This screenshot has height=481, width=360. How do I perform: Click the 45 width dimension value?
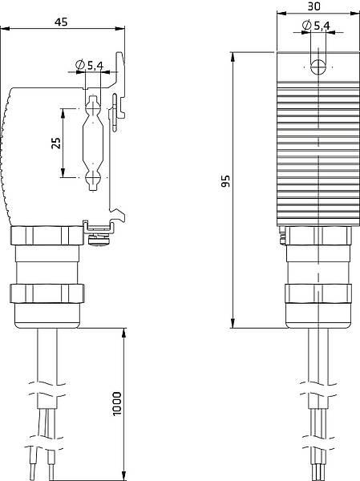click(x=61, y=22)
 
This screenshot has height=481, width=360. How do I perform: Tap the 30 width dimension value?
click(x=313, y=6)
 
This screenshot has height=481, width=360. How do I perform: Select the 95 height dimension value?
click(x=226, y=183)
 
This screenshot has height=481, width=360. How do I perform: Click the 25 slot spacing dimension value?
click(x=55, y=143)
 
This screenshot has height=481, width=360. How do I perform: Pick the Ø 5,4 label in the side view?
click(x=90, y=65)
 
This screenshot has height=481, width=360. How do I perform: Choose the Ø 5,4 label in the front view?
click(x=317, y=26)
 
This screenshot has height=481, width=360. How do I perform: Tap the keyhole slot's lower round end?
click(x=92, y=178)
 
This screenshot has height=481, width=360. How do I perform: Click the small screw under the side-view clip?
click(x=99, y=237)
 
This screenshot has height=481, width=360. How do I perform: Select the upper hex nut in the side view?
click(x=48, y=236)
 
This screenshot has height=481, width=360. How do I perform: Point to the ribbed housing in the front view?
click(x=318, y=152)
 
